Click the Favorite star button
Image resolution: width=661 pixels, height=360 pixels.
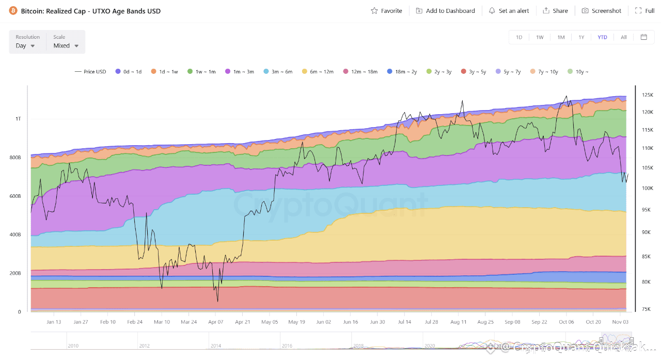point(386,11)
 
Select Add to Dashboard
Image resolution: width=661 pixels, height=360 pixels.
point(445,11)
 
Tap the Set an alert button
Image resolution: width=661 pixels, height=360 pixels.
point(509,11)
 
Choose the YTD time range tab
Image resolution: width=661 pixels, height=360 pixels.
point(602,37)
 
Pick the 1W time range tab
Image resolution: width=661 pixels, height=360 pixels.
point(540,37)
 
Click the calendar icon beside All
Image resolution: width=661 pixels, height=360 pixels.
point(643,37)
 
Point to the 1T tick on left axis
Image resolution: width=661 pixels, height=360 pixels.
point(19,119)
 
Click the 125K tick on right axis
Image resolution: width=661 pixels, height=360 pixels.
point(648,95)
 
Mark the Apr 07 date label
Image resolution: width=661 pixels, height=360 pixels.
point(215,322)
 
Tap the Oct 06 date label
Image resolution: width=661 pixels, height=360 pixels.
point(566,322)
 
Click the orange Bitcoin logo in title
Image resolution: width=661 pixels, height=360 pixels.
point(13,11)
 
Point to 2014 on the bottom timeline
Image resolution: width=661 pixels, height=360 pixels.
point(215,346)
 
